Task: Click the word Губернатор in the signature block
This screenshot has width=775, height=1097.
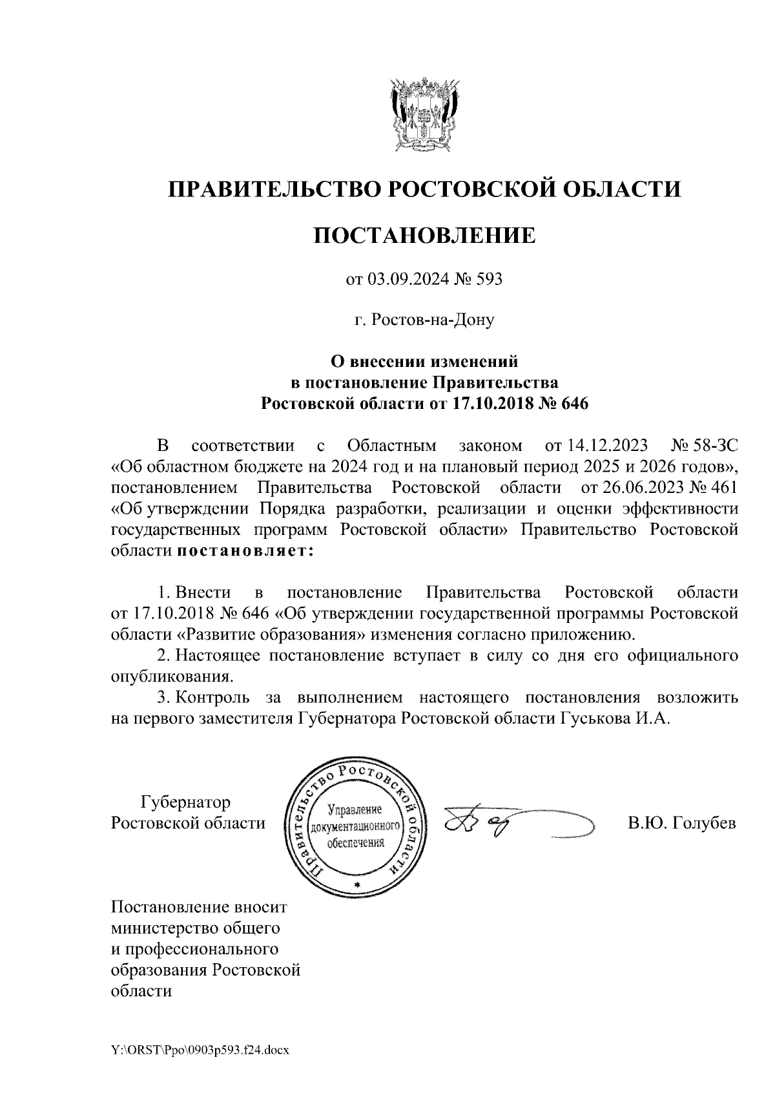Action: (x=185, y=802)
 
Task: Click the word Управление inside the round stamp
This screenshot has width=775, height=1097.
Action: (x=355, y=810)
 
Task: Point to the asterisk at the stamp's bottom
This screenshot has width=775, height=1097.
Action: (x=356, y=884)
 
